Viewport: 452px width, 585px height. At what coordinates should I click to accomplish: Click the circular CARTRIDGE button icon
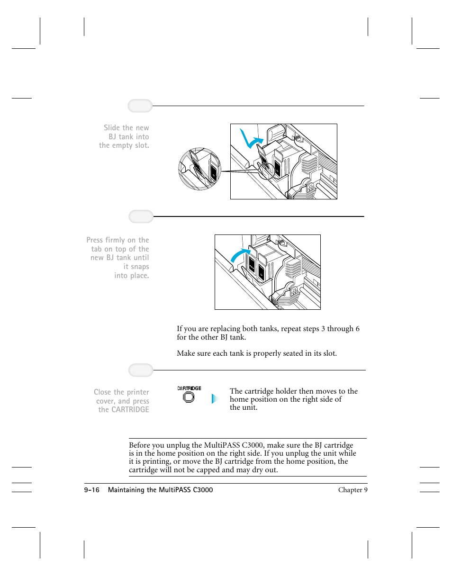[189, 397]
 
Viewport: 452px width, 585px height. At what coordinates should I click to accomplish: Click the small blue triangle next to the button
[214, 399]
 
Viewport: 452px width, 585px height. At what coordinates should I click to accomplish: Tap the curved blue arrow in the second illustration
[239, 255]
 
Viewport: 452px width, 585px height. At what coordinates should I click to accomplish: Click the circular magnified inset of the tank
[199, 169]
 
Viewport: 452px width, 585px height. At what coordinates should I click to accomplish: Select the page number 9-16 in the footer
[91, 490]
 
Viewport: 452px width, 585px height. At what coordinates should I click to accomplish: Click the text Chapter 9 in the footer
[353, 490]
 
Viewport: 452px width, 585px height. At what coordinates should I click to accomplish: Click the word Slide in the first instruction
[112, 128]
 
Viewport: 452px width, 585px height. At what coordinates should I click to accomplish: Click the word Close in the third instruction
[102, 392]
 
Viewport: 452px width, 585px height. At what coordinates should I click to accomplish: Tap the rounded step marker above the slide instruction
[140, 106]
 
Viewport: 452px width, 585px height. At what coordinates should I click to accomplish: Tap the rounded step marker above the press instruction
[141, 216]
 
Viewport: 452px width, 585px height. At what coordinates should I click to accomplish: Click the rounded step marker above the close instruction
[141, 370]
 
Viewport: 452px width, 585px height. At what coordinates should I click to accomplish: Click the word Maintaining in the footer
[126, 490]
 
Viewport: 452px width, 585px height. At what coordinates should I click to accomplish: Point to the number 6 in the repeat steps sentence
[357, 329]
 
